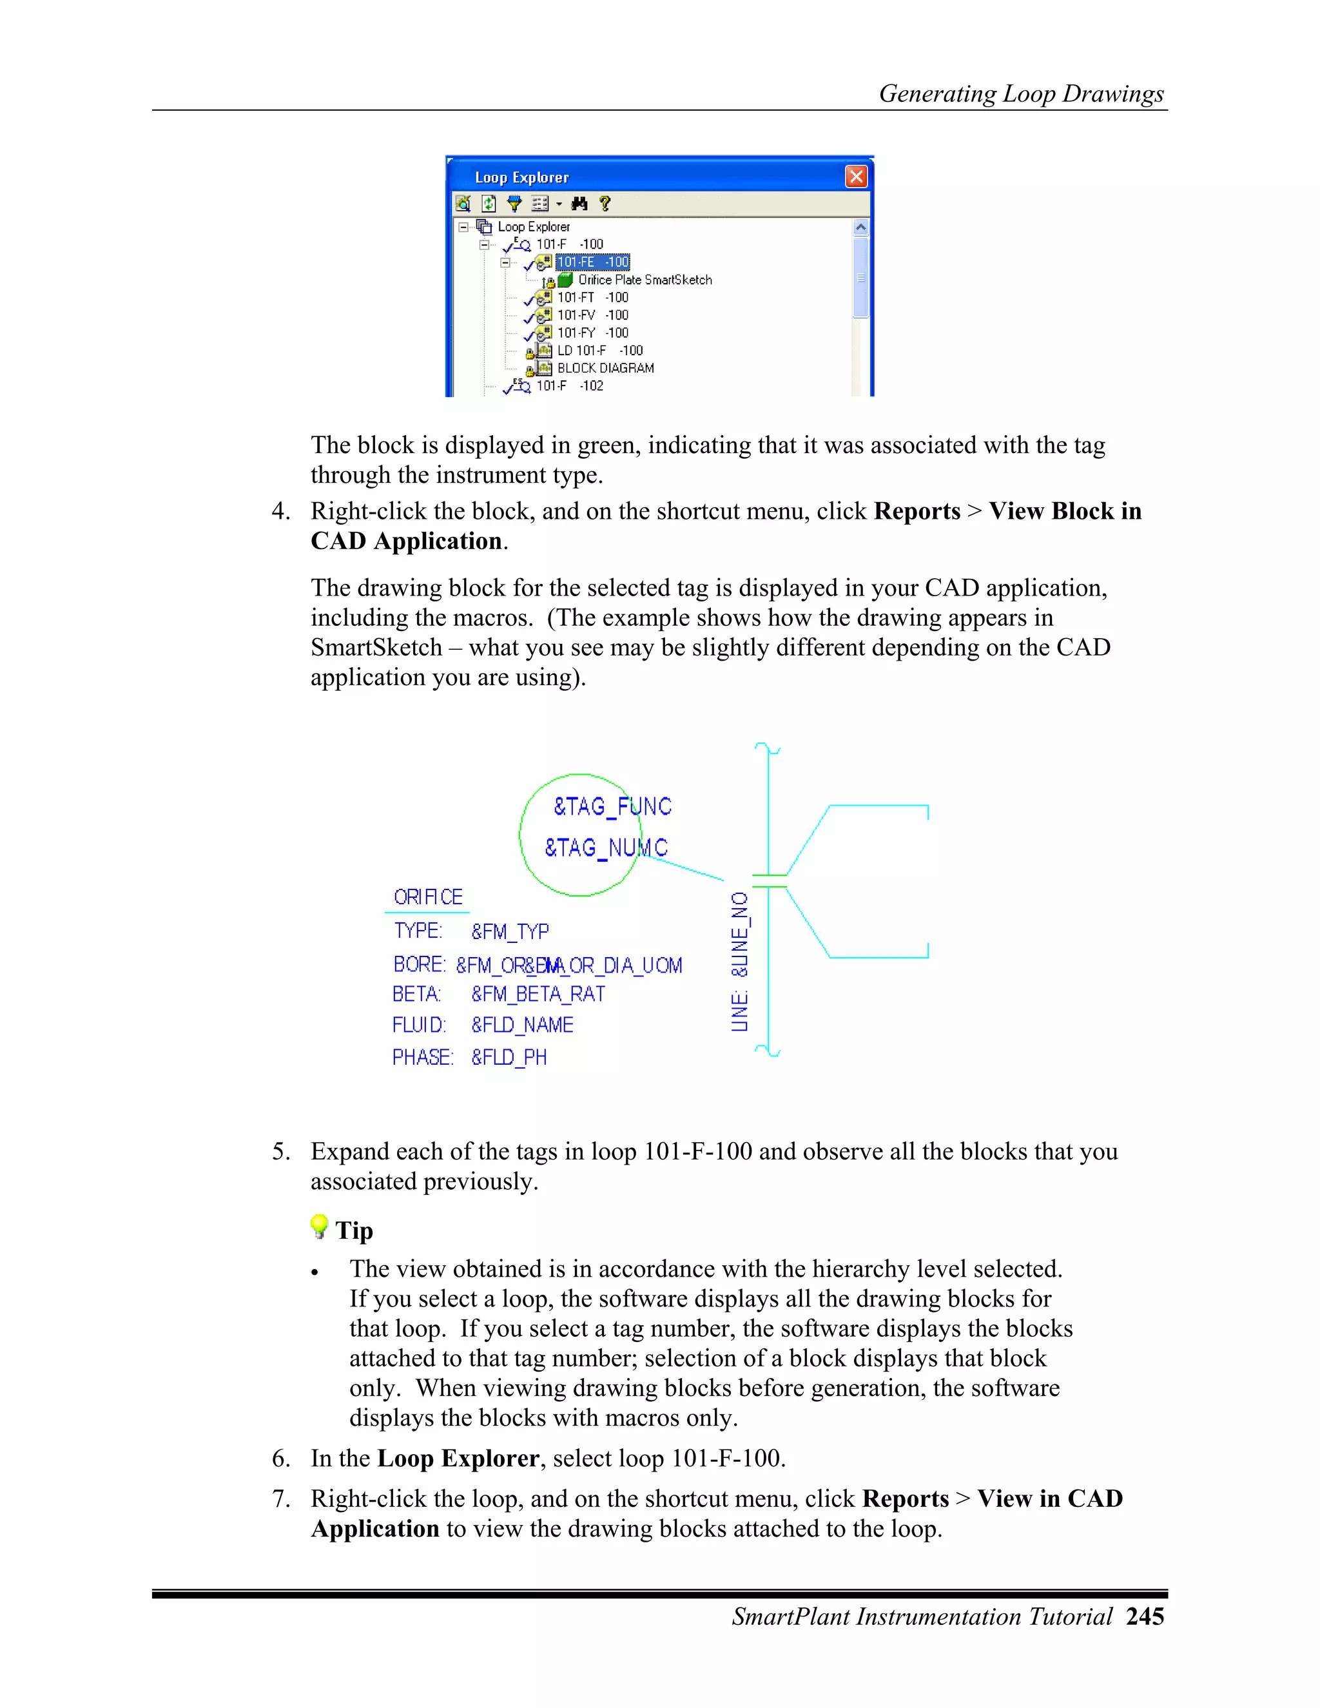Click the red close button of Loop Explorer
857,177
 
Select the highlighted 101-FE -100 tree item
592,262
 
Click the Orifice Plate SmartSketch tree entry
645,280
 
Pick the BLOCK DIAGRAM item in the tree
605,368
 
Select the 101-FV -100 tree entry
592,315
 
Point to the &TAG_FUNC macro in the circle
612,806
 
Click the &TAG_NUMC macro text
606,848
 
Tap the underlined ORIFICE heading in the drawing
428,897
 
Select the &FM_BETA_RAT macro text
538,994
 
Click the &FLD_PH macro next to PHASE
509,1057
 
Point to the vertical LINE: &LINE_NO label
740,962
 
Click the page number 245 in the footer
1145,1616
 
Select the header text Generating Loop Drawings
1022,94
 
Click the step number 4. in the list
281,512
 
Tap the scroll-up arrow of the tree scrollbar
860,228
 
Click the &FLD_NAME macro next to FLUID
522,1025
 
